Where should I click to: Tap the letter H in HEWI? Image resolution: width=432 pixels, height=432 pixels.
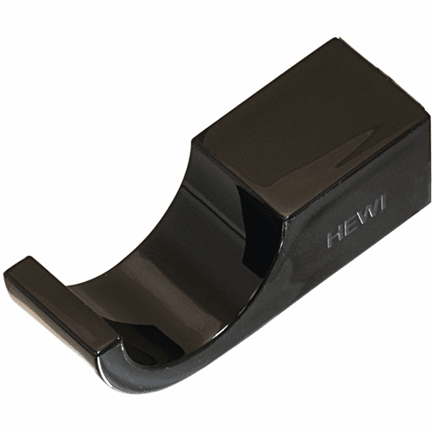pyautogui.click(x=333, y=239)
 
